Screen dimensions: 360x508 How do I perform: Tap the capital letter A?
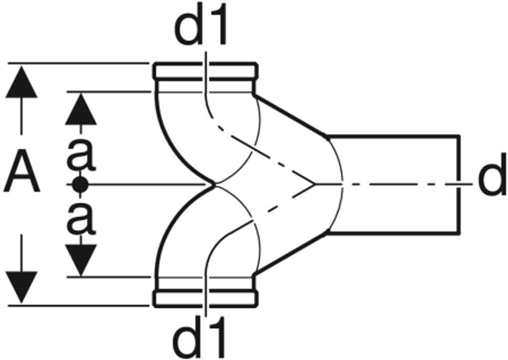[22, 174]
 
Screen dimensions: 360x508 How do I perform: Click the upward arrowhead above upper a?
[81, 109]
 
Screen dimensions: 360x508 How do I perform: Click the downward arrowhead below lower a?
[81, 259]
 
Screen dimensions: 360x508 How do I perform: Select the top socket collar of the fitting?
[205, 72]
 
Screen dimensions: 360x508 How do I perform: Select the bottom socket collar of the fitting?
[205, 298]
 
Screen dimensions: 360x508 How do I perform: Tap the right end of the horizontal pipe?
[460, 185]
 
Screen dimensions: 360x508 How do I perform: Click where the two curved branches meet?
[215, 184]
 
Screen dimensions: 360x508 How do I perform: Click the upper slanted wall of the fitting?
[290, 115]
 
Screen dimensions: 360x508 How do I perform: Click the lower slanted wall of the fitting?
[290, 254]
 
